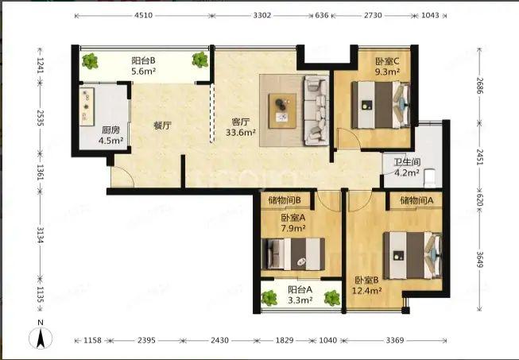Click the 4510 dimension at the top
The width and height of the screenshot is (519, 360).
pyautogui.click(x=144, y=16)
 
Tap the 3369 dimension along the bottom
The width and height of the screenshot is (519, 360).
pyautogui.click(x=395, y=340)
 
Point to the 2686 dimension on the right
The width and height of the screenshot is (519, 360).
pyautogui.click(x=479, y=85)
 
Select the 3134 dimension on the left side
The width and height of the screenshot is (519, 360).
pyautogui.click(x=40, y=234)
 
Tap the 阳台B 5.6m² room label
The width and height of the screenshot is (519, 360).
pyautogui.click(x=144, y=66)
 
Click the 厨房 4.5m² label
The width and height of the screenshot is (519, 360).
pyautogui.click(x=111, y=135)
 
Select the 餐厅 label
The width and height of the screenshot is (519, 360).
pyautogui.click(x=162, y=126)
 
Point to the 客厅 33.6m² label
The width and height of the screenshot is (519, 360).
pyautogui.click(x=241, y=127)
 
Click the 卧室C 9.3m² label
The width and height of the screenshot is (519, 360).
pyautogui.click(x=387, y=66)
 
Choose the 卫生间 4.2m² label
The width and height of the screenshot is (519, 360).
pyautogui.click(x=407, y=167)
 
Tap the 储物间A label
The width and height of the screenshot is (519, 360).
pyautogui.click(x=416, y=200)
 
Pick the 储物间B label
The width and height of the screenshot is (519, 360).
pyautogui.click(x=285, y=200)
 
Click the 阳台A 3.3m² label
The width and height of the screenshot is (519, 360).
pyautogui.click(x=300, y=295)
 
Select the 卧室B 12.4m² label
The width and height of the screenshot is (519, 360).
pyautogui.click(x=366, y=285)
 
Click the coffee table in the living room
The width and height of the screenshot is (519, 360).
pyautogui.click(x=282, y=110)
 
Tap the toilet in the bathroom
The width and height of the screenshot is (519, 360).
pyautogui.click(x=430, y=177)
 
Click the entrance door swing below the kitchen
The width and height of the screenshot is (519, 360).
pyautogui.click(x=122, y=176)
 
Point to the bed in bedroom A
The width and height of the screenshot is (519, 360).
pyautogui.click(x=293, y=254)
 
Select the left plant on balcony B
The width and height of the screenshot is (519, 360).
pyautogui.click(x=90, y=61)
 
